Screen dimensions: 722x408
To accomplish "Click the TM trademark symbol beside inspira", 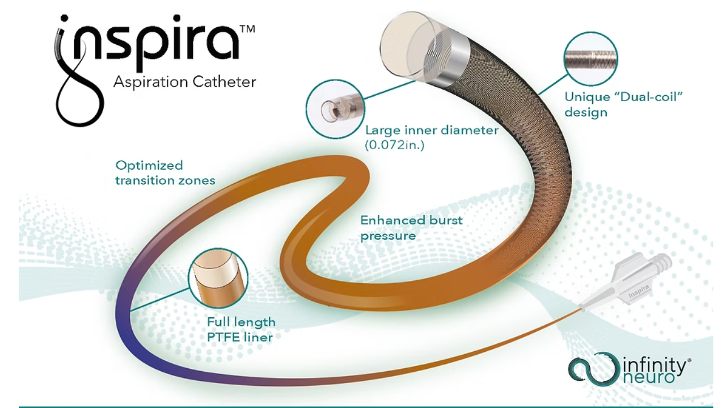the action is [x=247, y=29].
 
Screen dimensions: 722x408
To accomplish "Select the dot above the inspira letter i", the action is [x=65, y=18].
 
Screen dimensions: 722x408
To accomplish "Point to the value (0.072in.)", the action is [x=395, y=145].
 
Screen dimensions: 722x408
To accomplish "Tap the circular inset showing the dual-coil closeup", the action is [x=590, y=58].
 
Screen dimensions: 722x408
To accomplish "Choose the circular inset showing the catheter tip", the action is [x=335, y=109].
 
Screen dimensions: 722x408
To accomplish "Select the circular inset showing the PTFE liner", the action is [x=218, y=277].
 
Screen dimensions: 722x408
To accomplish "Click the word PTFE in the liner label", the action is [x=223, y=338].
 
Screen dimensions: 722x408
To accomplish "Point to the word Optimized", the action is [x=149, y=166].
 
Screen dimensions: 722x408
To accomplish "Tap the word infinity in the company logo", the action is [x=656, y=366].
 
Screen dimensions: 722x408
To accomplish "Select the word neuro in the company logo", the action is [x=649, y=377].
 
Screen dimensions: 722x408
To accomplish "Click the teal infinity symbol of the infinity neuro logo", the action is [x=594, y=369].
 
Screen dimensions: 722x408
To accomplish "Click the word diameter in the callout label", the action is [x=469, y=131].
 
